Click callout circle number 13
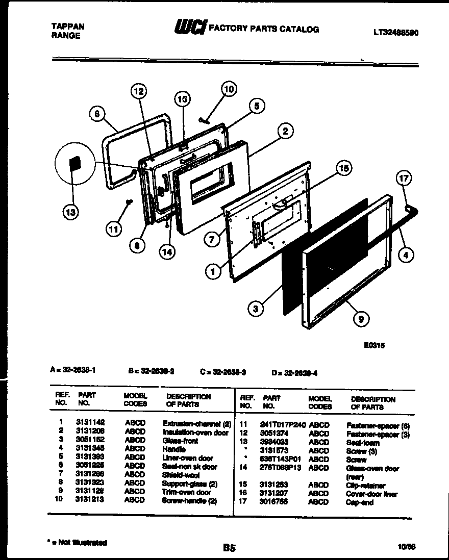tap(71, 213)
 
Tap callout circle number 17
tap(404, 179)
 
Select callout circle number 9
tap(361, 319)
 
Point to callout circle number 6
tap(96, 114)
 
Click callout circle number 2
tap(285, 132)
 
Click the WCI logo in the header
tap(190, 28)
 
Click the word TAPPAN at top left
tap(68, 27)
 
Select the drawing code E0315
tap(375, 345)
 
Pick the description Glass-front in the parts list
tap(180, 440)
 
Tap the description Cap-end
tap(360, 502)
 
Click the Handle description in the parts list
tap(173, 449)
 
